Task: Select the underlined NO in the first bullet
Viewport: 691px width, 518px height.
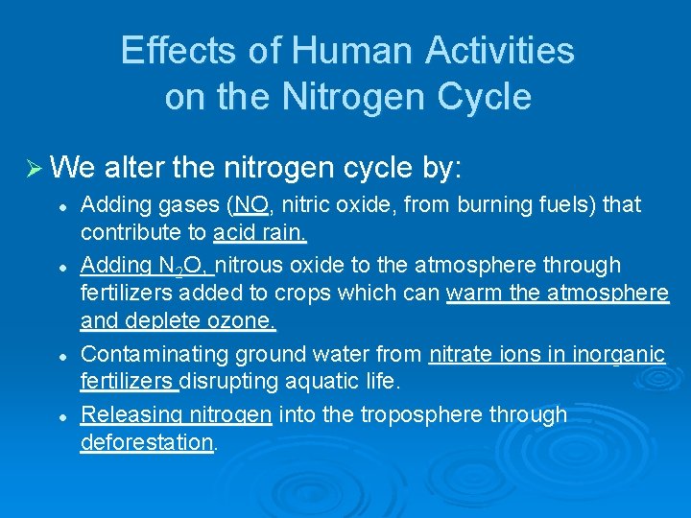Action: tap(250, 205)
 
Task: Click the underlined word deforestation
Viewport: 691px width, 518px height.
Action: tap(147, 442)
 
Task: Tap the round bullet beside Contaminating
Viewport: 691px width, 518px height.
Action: tap(61, 355)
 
